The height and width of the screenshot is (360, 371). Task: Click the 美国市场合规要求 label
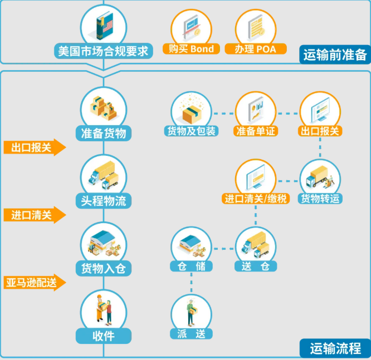[x=103, y=51]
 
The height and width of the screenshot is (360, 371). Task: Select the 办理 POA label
[x=255, y=49]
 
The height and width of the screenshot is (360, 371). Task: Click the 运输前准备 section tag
[x=335, y=55]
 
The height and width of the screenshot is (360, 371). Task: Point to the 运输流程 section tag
[x=335, y=349]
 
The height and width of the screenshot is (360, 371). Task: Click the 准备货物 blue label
[x=103, y=133]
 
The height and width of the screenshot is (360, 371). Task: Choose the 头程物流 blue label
[x=103, y=201]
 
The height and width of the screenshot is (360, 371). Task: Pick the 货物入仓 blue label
[x=103, y=269]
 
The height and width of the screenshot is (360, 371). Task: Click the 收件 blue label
[x=103, y=336]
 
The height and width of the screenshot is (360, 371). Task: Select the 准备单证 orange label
[x=256, y=131]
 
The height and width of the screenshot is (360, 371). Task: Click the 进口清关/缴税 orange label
[x=256, y=199]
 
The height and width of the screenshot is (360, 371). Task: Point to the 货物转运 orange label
[x=320, y=199]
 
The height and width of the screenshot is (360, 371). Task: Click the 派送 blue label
[x=191, y=334]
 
